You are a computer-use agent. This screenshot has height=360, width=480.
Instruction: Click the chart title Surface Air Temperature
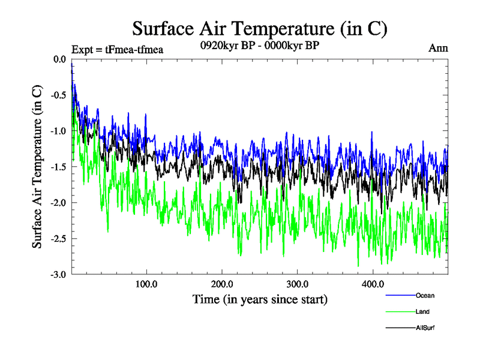260,28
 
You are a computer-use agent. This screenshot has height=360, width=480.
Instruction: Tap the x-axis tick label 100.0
146,284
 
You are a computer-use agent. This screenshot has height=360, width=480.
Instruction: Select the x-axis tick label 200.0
222,284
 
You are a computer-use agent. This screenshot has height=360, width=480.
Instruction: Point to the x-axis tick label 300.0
298,284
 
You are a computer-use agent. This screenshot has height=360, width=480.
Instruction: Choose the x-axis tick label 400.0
373,284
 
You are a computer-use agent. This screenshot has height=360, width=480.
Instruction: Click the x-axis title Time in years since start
260,299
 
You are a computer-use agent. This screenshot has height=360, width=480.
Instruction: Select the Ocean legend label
425,295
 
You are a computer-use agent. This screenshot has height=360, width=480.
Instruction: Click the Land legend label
422,311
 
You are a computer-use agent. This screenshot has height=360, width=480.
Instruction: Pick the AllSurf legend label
425,328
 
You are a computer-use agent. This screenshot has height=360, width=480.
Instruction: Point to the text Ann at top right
438,48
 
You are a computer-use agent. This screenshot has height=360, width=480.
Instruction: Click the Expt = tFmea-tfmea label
117,49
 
